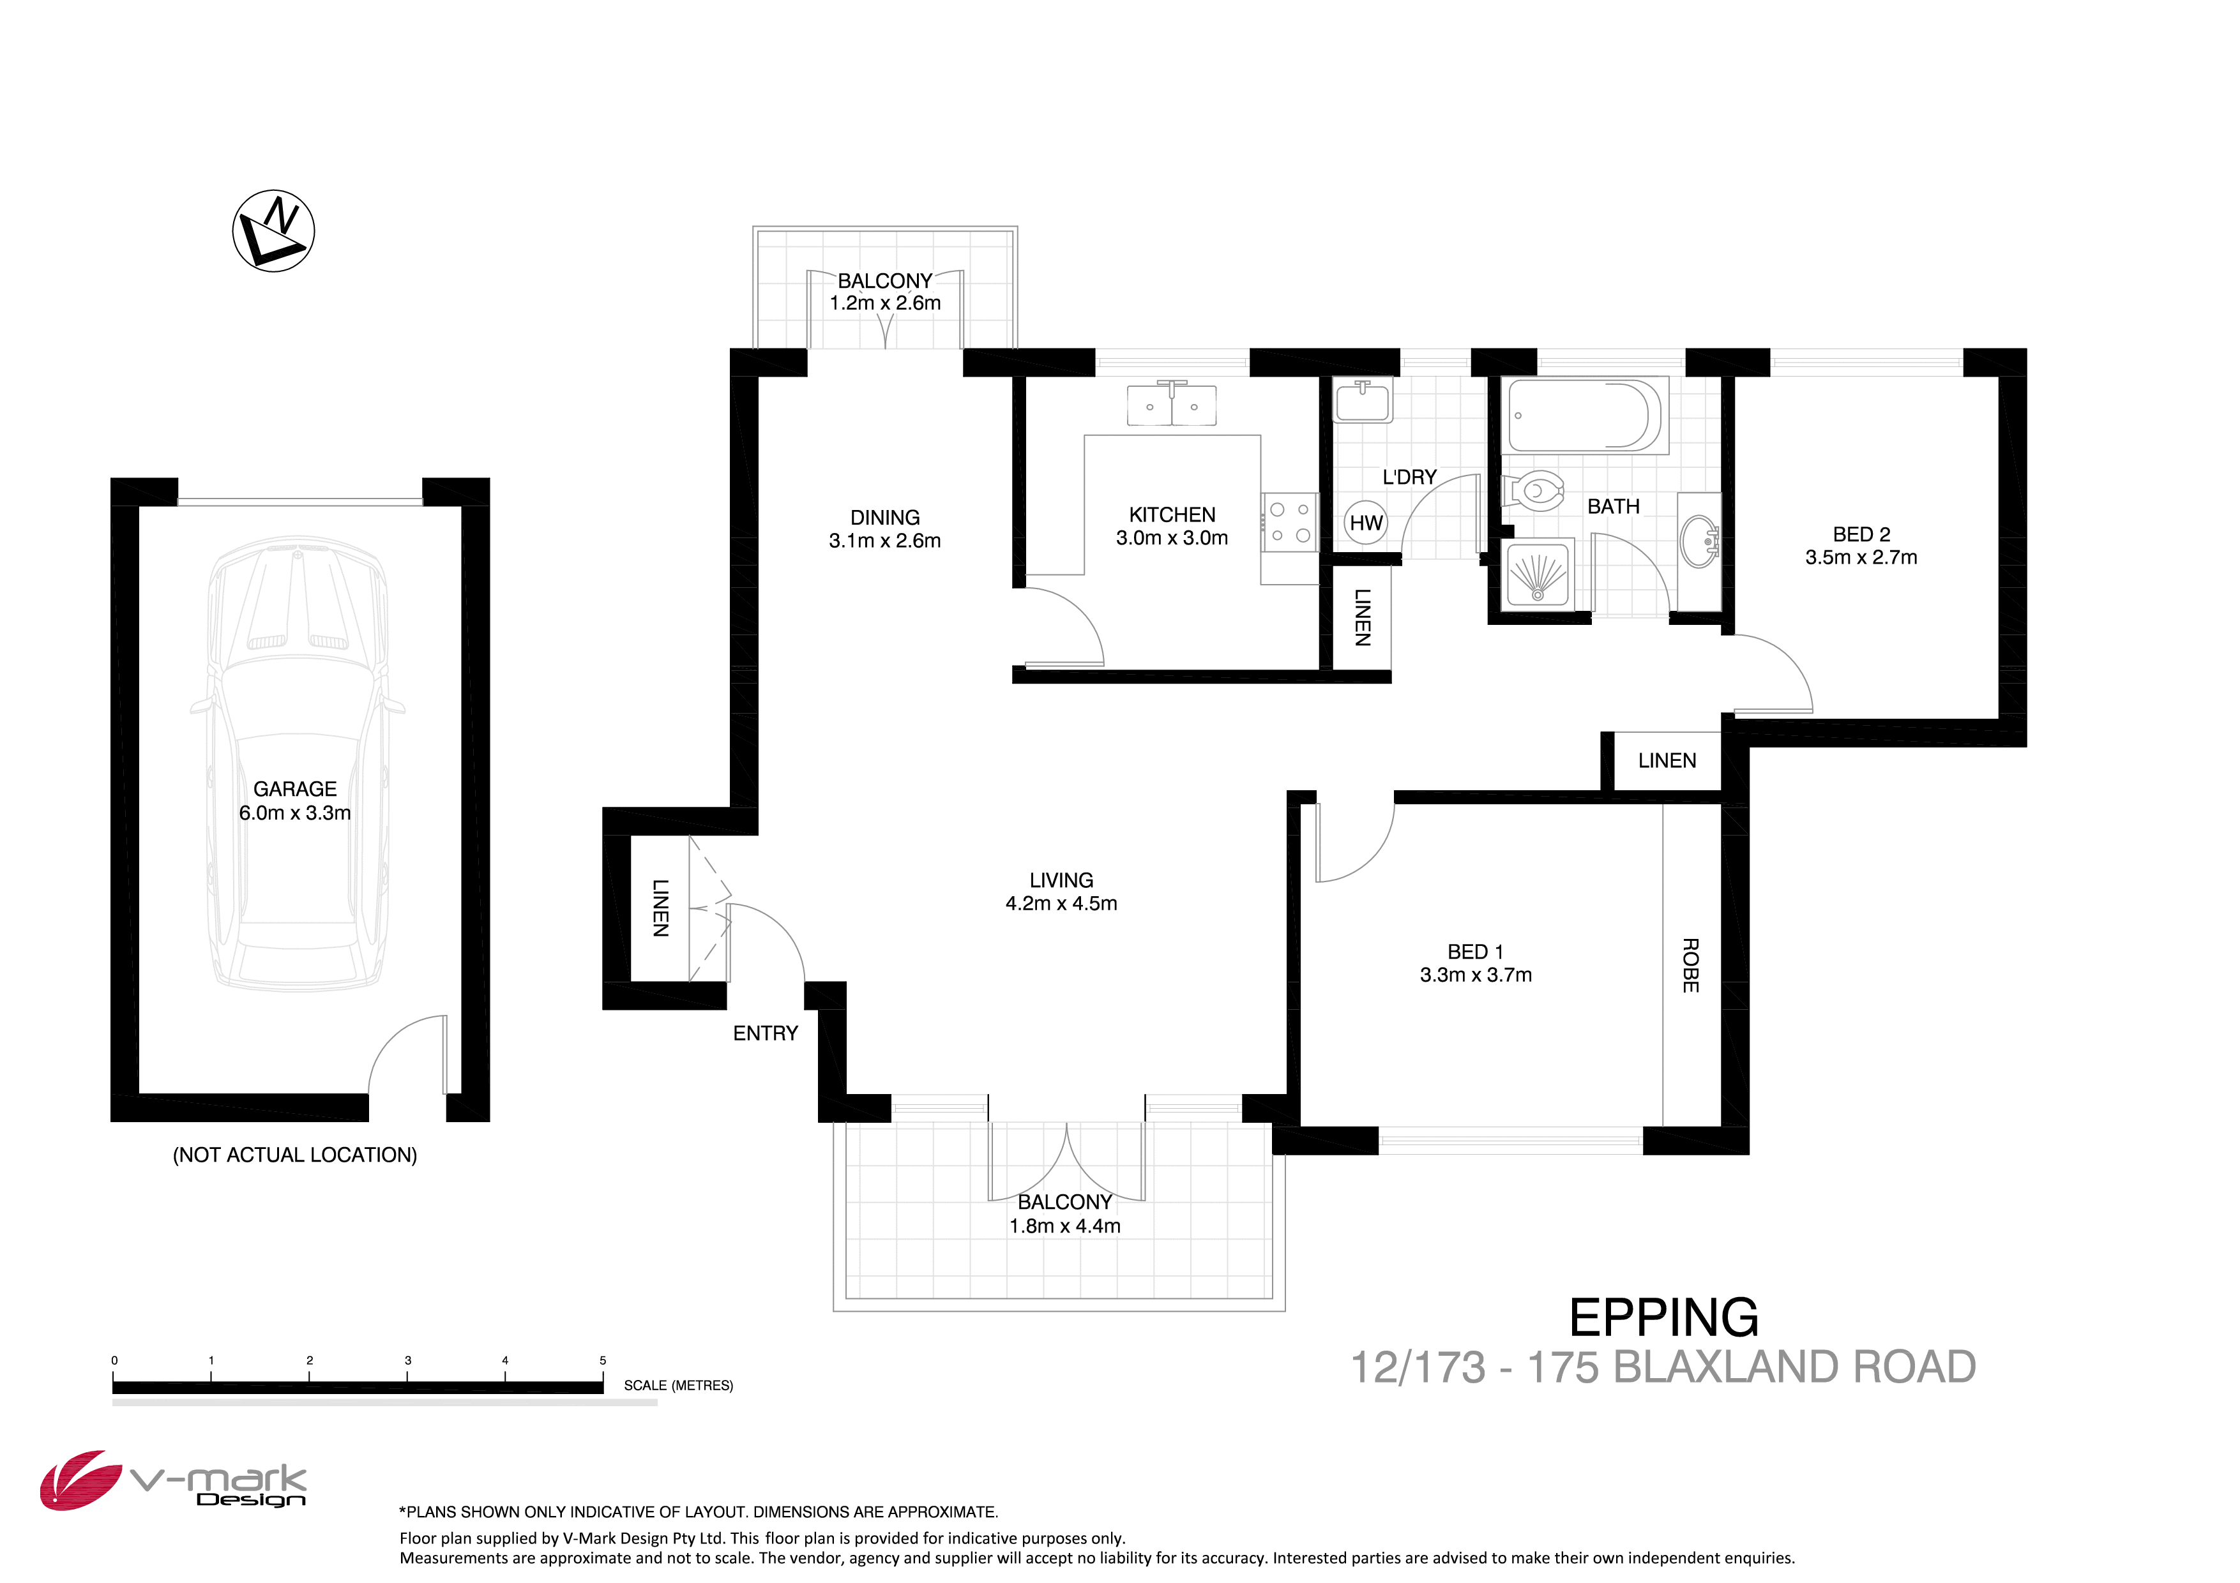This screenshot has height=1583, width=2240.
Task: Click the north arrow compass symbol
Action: (273, 231)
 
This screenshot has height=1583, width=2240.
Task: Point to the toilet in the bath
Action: (1534, 491)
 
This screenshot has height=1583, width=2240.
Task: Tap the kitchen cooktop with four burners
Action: (1290, 523)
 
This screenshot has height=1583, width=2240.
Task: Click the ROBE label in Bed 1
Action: (1691, 966)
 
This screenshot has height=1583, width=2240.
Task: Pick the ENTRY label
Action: (765, 1033)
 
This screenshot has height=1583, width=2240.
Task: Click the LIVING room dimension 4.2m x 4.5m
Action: (1061, 903)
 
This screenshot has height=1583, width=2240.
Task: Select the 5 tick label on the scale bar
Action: (603, 1361)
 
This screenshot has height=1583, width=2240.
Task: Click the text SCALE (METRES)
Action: (678, 1385)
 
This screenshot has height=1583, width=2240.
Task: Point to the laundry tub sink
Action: (1363, 401)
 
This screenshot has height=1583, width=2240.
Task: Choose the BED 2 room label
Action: (1861, 534)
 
